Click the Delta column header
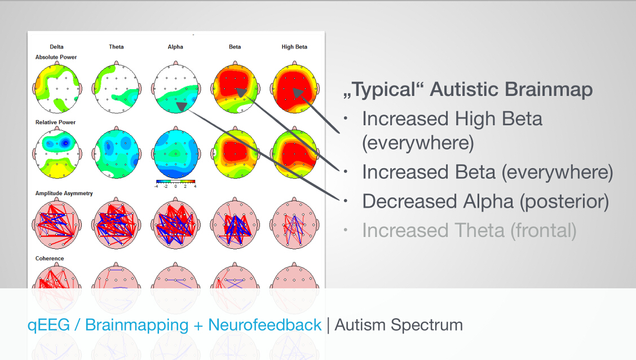click(57, 47)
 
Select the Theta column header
click(116, 47)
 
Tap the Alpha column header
click(175, 47)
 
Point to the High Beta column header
click(294, 47)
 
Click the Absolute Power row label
click(56, 57)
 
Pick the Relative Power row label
click(56, 122)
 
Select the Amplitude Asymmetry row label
click(64, 193)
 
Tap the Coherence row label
click(50, 258)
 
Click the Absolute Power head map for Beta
click(235, 87)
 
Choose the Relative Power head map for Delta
click(57, 153)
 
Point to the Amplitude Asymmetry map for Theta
click(116, 223)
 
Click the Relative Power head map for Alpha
click(175, 153)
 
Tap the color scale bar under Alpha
click(175, 182)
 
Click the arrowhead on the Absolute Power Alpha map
click(182, 106)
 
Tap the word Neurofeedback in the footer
click(265, 324)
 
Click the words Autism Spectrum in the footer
click(399, 325)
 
